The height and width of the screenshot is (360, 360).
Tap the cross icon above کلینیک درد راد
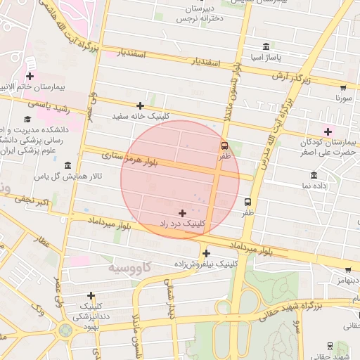pyautogui.click(x=183, y=212)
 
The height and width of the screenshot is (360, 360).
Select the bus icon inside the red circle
pyautogui.click(x=224, y=146)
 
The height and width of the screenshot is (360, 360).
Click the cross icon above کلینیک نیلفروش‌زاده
pyautogui.click(x=206, y=253)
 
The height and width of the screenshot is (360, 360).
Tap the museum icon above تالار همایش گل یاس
pyautogui.click(x=67, y=165)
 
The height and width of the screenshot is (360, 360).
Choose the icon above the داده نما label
pyautogui.click(x=314, y=175)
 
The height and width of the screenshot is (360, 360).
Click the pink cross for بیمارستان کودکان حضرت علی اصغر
pyautogui.click(x=328, y=131)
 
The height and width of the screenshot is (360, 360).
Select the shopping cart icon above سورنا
pyautogui.click(x=342, y=89)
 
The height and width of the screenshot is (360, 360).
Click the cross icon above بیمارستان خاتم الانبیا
pyautogui.click(x=30, y=76)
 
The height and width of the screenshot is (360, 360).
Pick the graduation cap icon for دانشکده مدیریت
pyautogui.click(x=28, y=120)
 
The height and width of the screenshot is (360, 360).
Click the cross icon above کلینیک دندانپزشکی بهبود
pyautogui.click(x=91, y=296)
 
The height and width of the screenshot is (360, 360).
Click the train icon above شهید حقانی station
pyautogui.click(x=330, y=346)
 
